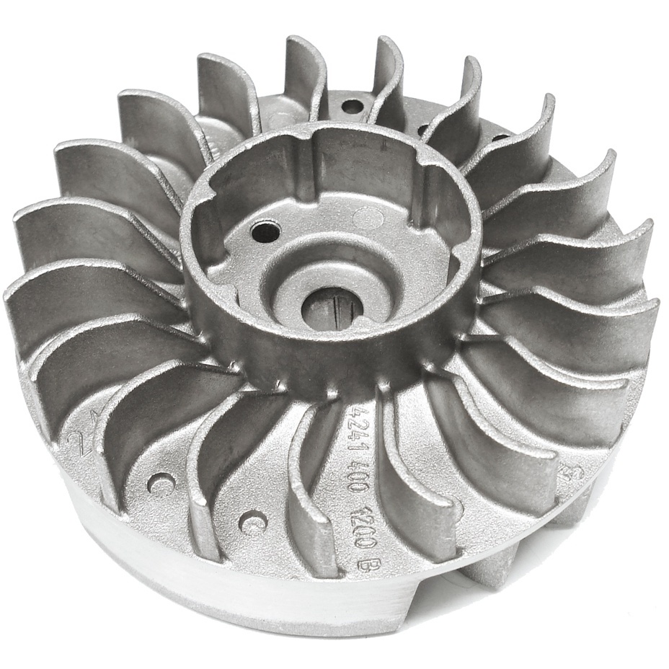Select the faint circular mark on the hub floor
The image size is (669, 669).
pos(370,217)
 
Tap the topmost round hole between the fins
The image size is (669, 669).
pos(351,107)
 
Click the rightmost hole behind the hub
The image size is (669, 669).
pos(498,136)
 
